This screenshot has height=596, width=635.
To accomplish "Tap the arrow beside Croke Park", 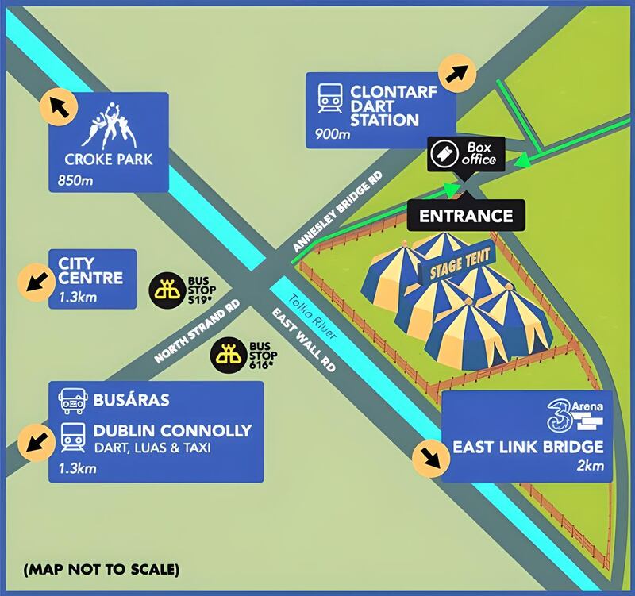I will tap(58, 105).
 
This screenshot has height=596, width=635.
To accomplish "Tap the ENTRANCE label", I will tap(465, 216).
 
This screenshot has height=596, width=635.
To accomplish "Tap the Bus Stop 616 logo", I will tap(229, 353).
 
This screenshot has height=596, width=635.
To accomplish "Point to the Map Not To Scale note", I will tap(101, 569).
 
